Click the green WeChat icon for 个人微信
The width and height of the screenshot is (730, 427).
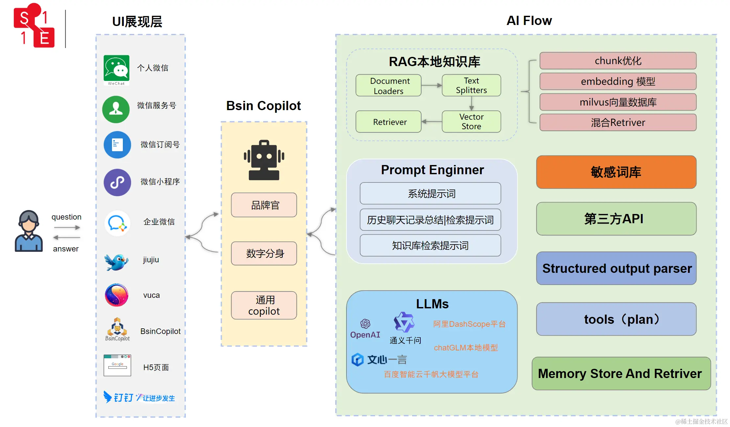point(116,68)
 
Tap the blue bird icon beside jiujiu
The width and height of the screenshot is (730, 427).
point(117,262)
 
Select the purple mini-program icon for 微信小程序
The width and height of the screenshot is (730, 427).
point(117,182)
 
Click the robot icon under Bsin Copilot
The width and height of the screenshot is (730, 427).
point(264,160)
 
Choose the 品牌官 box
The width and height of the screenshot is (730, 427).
point(264,205)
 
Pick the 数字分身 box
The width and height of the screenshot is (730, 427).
point(264,253)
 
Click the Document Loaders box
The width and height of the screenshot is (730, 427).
point(388,85)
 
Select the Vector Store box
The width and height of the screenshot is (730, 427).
point(471,122)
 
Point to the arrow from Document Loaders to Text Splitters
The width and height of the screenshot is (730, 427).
point(431,85)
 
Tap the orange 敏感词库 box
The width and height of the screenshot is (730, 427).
point(616,172)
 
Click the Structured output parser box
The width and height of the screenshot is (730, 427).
point(616,268)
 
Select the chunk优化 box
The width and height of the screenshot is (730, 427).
point(618,61)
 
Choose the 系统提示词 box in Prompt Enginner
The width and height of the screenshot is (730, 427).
point(430,194)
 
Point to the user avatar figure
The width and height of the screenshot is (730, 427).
point(29,231)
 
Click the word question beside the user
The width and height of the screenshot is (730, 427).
point(66,217)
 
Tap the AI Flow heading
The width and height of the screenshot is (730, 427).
point(529,21)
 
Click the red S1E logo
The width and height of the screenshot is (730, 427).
point(34,26)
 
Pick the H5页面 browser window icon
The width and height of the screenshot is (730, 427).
point(117,365)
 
